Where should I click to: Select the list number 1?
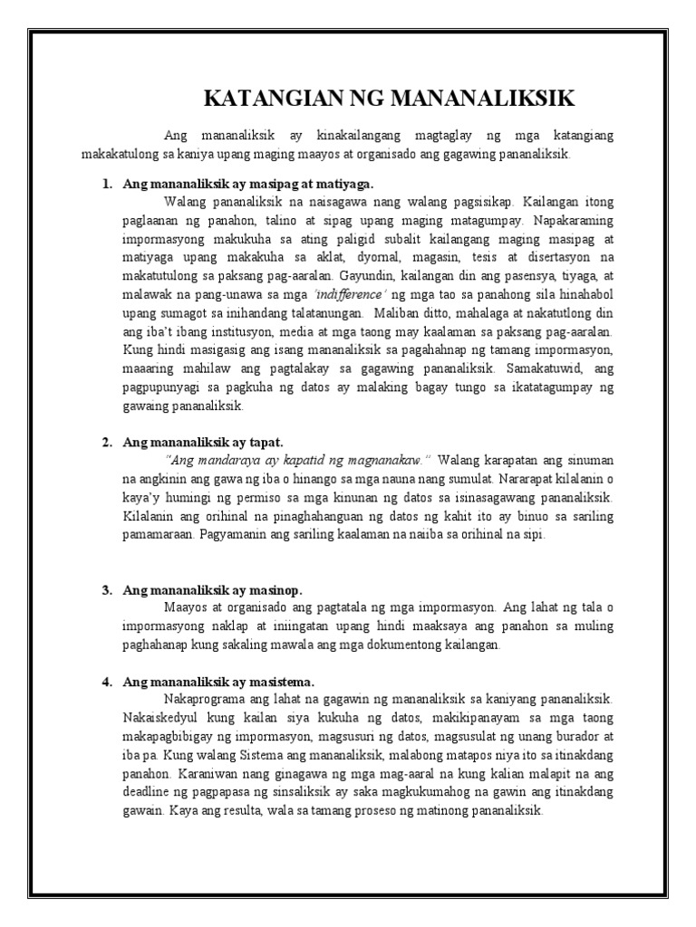click(106, 184)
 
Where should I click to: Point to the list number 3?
click(106, 589)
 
